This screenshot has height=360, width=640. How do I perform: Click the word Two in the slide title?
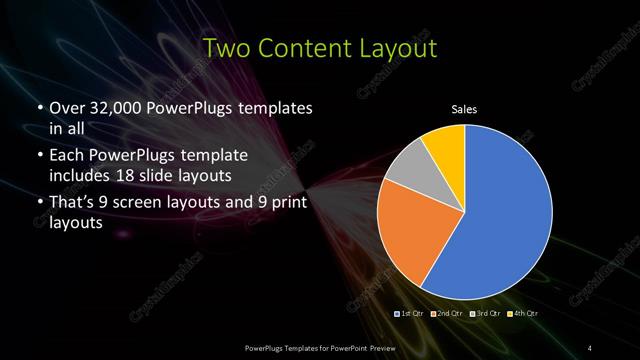[224, 47]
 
